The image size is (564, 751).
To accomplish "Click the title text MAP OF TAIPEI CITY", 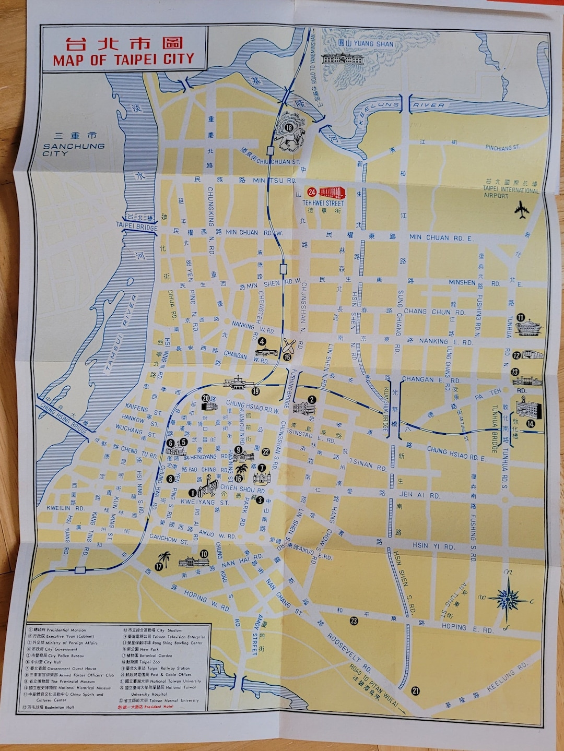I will tap(124, 59).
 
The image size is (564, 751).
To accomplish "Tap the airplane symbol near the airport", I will tap(521, 211).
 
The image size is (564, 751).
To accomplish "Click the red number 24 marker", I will tap(312, 191).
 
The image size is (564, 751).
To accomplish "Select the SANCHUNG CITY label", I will tap(73, 150).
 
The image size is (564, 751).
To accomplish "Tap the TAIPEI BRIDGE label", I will tap(133, 225).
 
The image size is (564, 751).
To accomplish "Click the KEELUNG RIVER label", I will tap(402, 106).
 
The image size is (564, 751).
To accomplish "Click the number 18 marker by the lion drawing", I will tap(289, 127).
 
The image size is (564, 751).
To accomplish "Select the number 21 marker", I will tap(415, 692).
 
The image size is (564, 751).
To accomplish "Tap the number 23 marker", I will tap(354, 621).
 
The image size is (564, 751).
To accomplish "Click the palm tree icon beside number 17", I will tap(166, 559).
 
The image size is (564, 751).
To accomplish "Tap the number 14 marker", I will tap(531, 423).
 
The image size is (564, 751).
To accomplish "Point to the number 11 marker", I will tap(521, 317).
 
